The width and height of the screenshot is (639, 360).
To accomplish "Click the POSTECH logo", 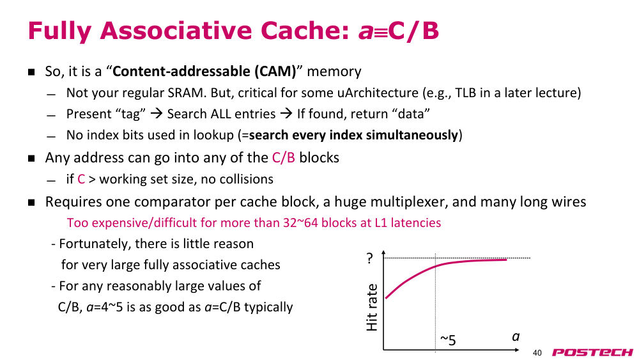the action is [592, 353].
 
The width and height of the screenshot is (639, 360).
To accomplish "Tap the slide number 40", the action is [537, 353].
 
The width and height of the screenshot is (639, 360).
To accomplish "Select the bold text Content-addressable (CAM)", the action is [204, 72].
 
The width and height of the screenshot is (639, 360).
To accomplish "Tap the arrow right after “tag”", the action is [157, 114].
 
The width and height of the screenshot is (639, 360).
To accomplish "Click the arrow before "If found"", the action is [286, 114].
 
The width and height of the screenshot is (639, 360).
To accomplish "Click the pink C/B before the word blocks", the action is [283, 158].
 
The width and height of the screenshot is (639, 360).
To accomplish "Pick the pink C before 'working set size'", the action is [81, 180].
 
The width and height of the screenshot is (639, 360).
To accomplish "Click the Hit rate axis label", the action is [372, 308].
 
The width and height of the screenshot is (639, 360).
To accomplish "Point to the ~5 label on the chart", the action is [448, 340].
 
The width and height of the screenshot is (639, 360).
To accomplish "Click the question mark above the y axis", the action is [369, 258].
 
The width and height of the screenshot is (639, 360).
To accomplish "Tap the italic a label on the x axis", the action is [516, 337].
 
